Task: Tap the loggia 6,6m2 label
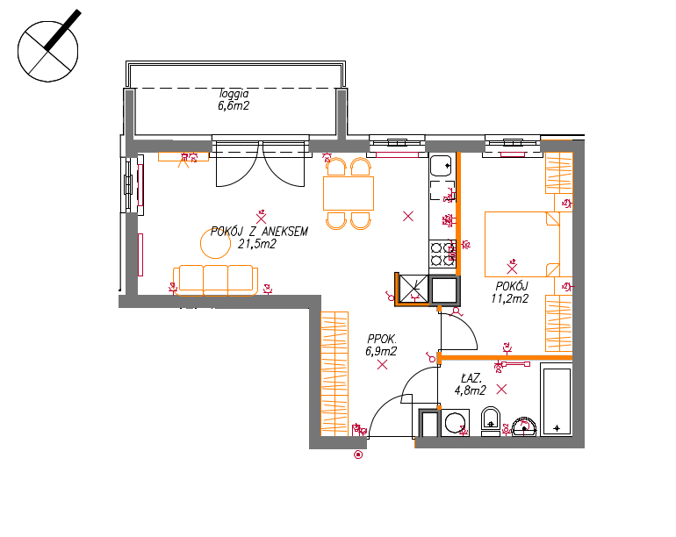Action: [x=234, y=99]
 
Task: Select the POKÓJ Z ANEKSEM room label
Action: [x=259, y=232]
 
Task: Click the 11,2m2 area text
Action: [x=509, y=298]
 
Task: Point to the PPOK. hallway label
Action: [x=382, y=339]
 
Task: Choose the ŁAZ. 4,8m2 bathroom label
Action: [x=471, y=384]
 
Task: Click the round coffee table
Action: [x=216, y=244]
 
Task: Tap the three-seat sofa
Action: [x=216, y=280]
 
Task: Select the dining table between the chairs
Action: [x=349, y=193]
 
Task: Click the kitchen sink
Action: [x=441, y=166]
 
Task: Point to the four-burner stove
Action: [x=442, y=254]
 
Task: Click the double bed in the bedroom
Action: [x=522, y=244]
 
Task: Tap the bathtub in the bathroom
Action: [x=556, y=399]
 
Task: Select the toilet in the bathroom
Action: [x=490, y=420]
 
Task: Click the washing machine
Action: [x=454, y=423]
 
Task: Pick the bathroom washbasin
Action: [x=524, y=426]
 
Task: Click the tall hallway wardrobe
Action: [x=334, y=373]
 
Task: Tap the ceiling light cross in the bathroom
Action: [x=501, y=390]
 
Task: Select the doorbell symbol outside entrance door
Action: [x=358, y=455]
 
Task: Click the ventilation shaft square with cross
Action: [x=414, y=289]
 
